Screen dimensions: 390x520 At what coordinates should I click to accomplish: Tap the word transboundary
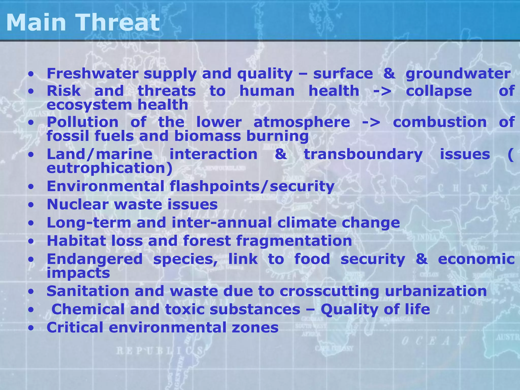coord(363,154)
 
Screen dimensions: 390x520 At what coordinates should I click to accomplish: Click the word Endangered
coord(95,259)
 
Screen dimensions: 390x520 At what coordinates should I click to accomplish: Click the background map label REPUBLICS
coord(160,351)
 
